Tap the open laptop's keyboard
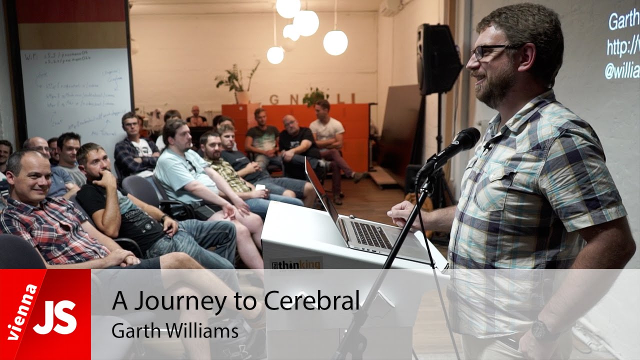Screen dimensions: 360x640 click(370, 234)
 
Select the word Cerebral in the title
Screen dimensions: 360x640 click(311, 300)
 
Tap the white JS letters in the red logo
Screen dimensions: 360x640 click(55, 318)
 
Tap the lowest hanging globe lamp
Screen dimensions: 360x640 click(275, 55)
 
